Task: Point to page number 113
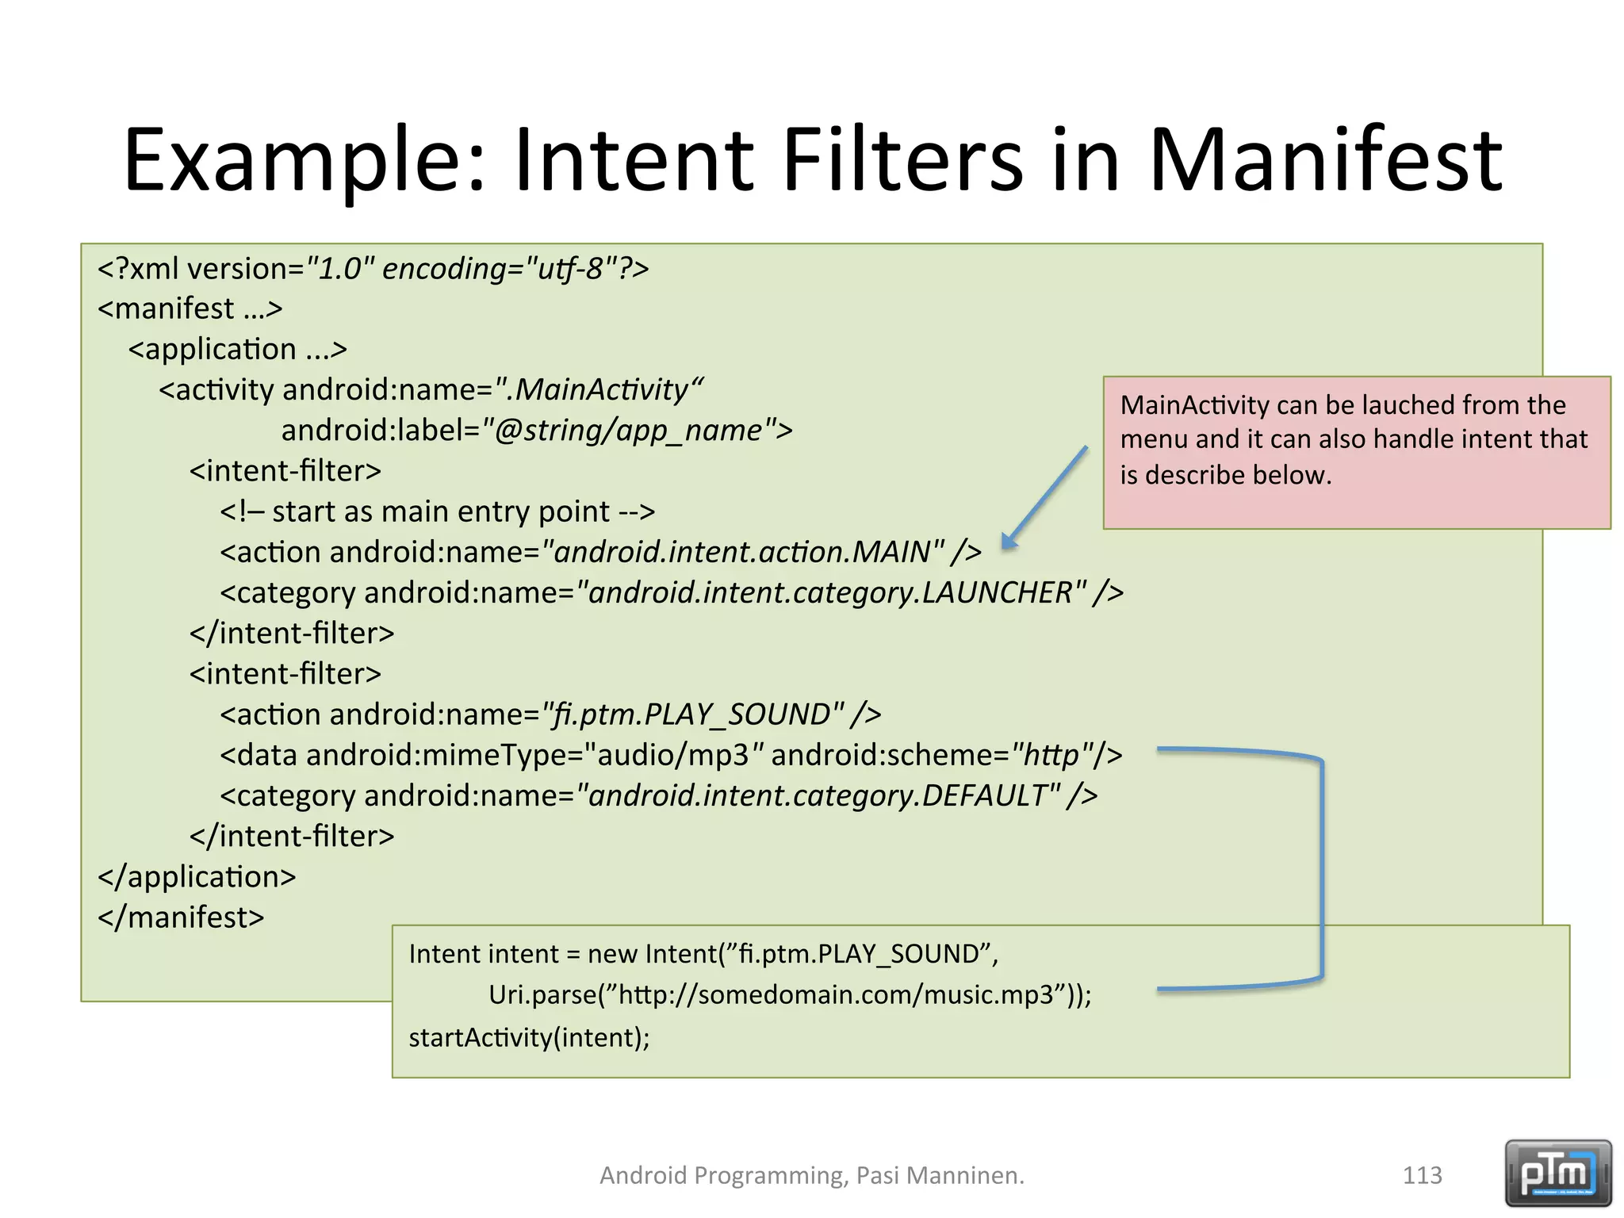point(1422,1174)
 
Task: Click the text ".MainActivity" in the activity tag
point(601,389)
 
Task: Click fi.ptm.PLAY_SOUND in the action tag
point(691,714)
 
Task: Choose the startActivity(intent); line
point(529,1037)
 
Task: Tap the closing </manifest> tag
point(181,917)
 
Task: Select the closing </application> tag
point(197,877)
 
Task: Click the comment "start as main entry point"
point(441,511)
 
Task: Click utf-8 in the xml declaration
point(571,269)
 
